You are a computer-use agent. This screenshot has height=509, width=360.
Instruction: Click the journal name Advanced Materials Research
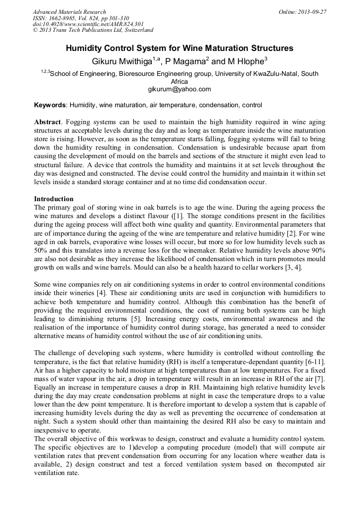pyautogui.click(x=69, y=12)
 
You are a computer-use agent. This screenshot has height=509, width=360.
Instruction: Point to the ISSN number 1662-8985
pyautogui.click(x=58, y=18)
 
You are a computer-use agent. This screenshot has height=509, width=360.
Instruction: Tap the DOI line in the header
pyautogui.click(x=88, y=24)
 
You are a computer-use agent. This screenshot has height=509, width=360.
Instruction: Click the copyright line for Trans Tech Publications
pyautogui.click(x=93, y=31)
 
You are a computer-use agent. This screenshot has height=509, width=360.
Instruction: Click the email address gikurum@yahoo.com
pyautogui.click(x=179, y=89)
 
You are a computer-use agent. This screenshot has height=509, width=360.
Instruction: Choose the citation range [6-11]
pyautogui.click(x=313, y=362)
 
